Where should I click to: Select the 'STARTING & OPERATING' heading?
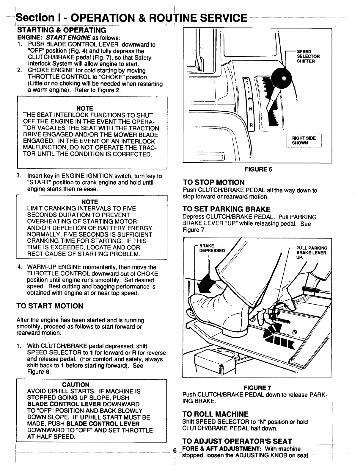(x=62, y=30)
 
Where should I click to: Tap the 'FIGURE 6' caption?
(x=258, y=169)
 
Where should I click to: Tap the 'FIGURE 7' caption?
(x=257, y=388)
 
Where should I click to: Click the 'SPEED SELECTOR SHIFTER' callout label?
(x=308, y=56)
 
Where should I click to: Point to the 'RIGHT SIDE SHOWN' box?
(x=304, y=141)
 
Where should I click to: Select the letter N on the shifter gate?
(x=250, y=109)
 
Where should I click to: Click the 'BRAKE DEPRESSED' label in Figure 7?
(x=212, y=248)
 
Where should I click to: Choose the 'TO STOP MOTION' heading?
(x=214, y=183)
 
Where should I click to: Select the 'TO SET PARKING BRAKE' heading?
(x=226, y=209)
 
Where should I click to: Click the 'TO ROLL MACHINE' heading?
(x=216, y=414)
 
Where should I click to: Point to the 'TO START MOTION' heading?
(x=50, y=306)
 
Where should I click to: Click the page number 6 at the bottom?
(x=175, y=450)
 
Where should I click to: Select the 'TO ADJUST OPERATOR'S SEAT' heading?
(x=237, y=441)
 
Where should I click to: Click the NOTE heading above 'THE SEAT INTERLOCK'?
(x=85, y=108)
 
